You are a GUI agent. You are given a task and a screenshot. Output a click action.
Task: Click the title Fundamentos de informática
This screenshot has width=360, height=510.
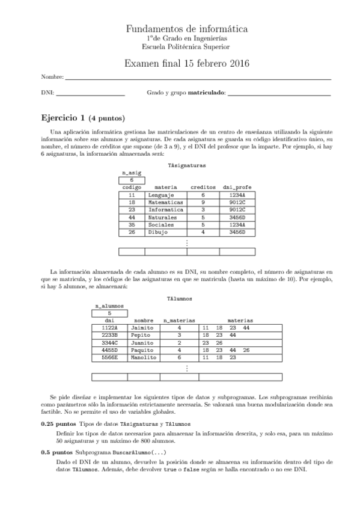pos(187,29)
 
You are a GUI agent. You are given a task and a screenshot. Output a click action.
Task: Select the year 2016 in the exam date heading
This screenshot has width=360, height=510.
pos(237,64)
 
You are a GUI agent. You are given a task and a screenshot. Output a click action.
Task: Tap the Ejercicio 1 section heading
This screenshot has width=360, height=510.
pos(83,117)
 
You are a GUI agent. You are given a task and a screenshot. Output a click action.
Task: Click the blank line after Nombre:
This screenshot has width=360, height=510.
pos(198,78)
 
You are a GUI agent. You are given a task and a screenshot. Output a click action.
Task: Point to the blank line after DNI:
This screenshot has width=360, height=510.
pos(90,94)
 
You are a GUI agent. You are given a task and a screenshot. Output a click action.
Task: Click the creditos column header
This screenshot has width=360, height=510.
pos(203,188)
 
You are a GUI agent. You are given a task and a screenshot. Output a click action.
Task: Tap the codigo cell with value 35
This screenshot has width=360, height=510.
pos(131,224)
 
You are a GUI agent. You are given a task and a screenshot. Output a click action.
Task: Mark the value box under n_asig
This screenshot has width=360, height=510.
pos(131,180)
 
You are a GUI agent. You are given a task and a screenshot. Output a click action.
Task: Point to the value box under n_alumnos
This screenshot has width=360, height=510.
pos(109,313)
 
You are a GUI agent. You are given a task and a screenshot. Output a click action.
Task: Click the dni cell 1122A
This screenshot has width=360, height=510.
pos(109,328)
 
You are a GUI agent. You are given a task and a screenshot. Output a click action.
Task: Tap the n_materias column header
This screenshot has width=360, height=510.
pos(179,321)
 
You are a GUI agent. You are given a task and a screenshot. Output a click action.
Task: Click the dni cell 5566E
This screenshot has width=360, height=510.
pos(109,357)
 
